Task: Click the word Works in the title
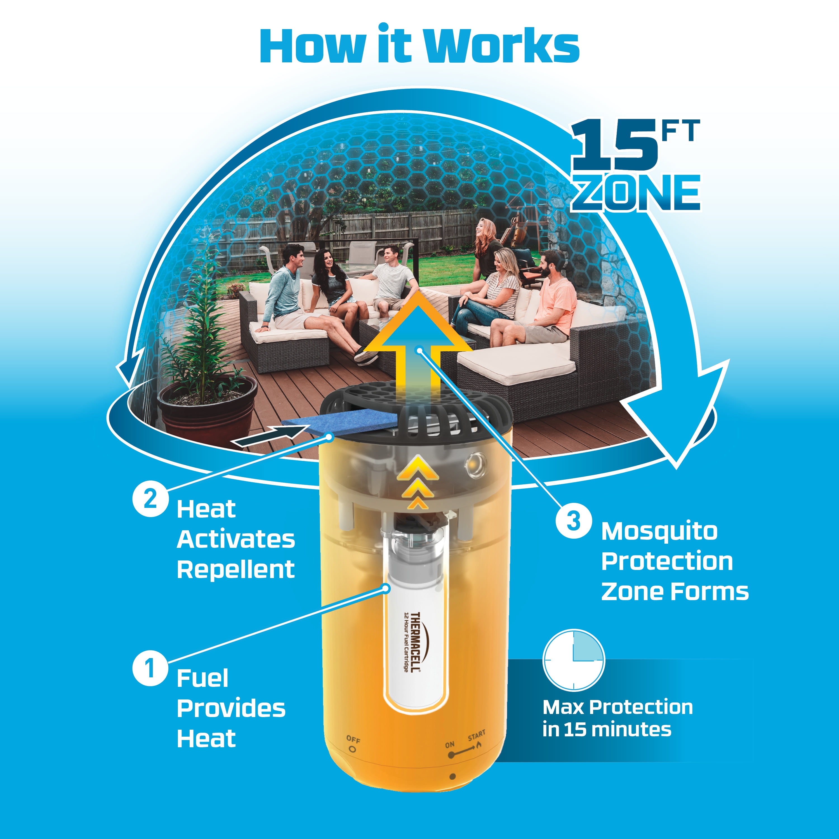pos(501,47)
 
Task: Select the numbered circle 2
pos(150,499)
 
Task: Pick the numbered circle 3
pos(574,521)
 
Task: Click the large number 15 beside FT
pos(614,145)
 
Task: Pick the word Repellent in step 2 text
pos(236,569)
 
